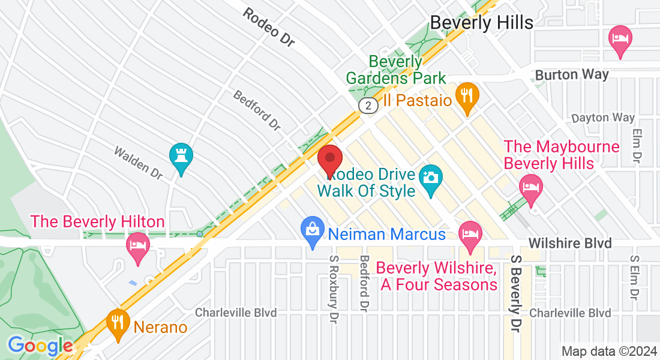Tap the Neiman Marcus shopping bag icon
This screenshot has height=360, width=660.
tap(312, 233)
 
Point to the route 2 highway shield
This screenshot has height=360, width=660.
tap(368, 106)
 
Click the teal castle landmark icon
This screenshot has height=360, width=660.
tap(181, 158)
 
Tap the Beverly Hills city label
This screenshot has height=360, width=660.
tap(481, 23)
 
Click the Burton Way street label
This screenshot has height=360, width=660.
tap(571, 75)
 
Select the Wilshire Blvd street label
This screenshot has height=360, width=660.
tap(570, 243)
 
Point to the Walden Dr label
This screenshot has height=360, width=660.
tap(139, 162)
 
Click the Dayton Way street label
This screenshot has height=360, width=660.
tap(603, 118)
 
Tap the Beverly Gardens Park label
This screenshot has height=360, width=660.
tap(396, 70)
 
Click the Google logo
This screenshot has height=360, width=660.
tap(40, 346)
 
